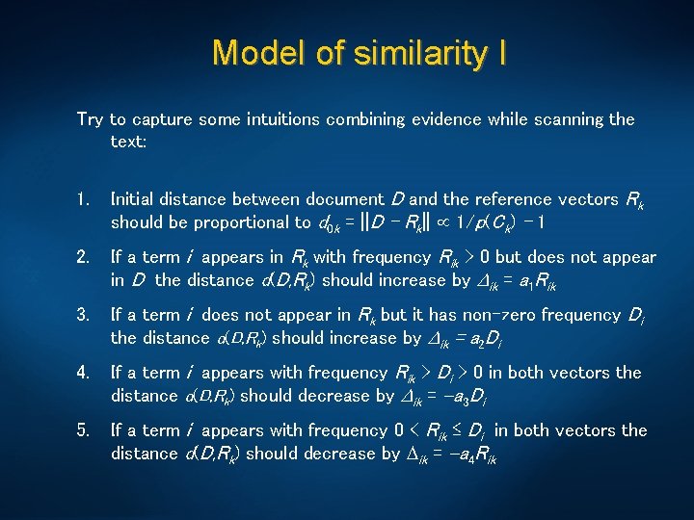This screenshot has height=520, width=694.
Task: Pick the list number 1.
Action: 83,199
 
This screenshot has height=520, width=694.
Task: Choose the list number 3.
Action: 83,315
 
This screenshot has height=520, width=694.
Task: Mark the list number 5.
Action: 83,430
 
